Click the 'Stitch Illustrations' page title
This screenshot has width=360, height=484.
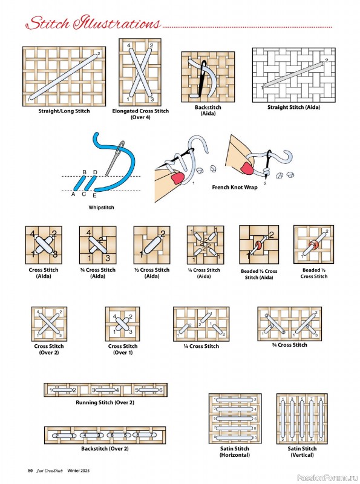93,24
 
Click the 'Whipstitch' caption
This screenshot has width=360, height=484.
101,207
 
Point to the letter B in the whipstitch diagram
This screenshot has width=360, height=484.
85,172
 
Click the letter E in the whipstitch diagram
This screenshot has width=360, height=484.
94,195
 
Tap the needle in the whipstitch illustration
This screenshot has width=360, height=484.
113,159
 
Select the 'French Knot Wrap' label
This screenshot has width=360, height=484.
234,188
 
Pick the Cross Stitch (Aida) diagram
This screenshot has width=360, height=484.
43,244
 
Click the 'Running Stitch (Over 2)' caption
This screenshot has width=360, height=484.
105,402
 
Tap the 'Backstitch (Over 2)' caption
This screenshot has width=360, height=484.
105,448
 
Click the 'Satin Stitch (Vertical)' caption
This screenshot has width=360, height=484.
302,451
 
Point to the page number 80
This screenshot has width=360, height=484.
30,471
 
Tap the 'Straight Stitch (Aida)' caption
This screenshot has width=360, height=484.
293,107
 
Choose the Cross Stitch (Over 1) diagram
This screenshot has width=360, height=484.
122,324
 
